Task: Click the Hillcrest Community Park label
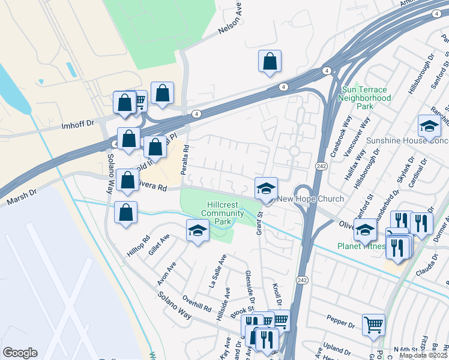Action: [x=223, y=213]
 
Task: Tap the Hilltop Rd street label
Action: [x=139, y=246]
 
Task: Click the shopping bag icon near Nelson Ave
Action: [x=270, y=61]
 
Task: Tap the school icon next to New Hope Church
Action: [x=266, y=188]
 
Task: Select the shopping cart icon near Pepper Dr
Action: [x=373, y=325]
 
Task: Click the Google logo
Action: [x=20, y=353]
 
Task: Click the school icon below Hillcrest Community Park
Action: [x=197, y=230]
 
